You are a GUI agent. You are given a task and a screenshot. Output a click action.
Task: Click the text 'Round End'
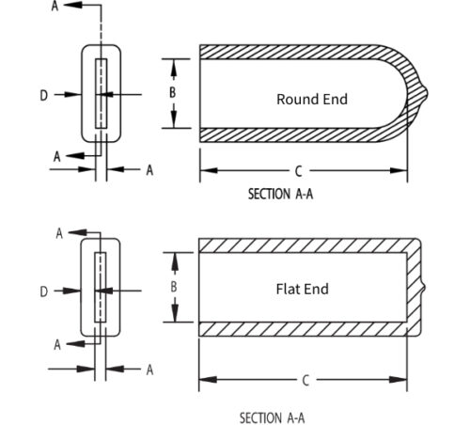311,99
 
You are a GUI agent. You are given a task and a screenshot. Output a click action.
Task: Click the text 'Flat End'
302,289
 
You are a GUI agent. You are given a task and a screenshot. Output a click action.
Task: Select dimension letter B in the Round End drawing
172,93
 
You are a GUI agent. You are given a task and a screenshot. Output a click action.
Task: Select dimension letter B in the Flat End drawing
172,287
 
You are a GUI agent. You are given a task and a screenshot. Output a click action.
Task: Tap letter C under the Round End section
298,171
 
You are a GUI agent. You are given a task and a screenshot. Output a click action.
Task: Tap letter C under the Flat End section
305,381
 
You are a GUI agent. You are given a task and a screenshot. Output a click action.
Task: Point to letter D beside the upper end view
43,94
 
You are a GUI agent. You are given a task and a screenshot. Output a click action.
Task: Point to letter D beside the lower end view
43,292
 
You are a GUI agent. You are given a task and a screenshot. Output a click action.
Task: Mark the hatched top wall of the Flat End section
301,244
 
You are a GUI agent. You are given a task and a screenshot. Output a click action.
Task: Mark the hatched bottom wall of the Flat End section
301,329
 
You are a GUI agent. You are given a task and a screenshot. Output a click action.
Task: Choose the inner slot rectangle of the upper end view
102,94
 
